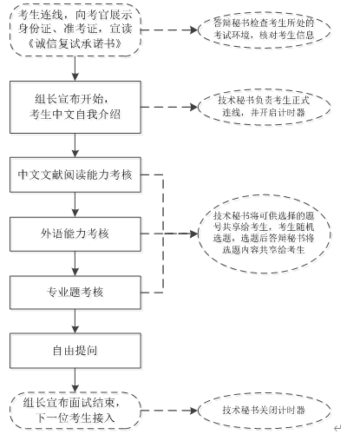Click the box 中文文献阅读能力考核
tap(75, 174)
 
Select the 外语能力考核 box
tap(75, 234)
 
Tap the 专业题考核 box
tap(75, 293)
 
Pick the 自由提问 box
tap(75, 351)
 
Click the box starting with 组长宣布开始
tap(75, 107)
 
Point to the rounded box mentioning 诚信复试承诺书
tap(75, 30)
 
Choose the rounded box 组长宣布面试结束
tap(75, 411)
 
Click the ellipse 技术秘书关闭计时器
tap(265, 411)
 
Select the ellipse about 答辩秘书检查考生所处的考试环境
tap(265, 30)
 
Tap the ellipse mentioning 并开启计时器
tap(265, 107)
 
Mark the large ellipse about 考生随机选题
tap(265, 234)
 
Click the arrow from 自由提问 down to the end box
tap(75, 380)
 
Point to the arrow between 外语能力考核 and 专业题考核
tap(75, 264)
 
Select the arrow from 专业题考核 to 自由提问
tap(75, 321)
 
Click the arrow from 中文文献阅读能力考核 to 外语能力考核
tap(75, 205)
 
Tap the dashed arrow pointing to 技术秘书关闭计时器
tap(169, 411)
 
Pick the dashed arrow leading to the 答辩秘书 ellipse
tap(169, 30)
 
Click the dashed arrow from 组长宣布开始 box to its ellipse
tap(169, 107)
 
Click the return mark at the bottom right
tap(337, 428)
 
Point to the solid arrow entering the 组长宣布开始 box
tap(75, 69)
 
